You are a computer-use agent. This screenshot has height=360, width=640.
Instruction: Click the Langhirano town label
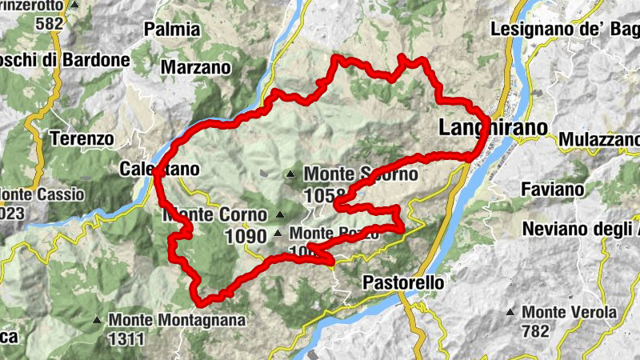pyautogui.click(x=493, y=128)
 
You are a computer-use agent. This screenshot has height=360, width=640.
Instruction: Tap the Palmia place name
pyautogui.click(x=172, y=30)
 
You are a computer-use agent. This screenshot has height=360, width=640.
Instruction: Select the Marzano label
pyautogui.click(x=195, y=68)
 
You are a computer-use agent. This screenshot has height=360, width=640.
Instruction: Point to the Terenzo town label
pyautogui.click(x=82, y=138)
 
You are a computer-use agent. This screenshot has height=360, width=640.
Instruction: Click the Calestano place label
pyautogui.click(x=158, y=169)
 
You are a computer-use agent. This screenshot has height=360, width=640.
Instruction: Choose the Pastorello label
pyautogui.click(x=402, y=283)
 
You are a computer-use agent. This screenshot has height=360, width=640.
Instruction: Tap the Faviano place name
pyautogui.click(x=553, y=190)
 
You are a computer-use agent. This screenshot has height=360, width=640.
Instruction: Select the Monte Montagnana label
pyautogui.click(x=167, y=319)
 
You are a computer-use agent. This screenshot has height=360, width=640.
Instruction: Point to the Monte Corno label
pyautogui.click(x=214, y=214)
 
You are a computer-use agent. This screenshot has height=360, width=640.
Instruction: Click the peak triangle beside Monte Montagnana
pyautogui.click(x=97, y=320)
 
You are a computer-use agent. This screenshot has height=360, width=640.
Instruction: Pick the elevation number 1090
pyautogui.click(x=246, y=237)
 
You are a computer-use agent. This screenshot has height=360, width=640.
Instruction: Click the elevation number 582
pyautogui.click(x=49, y=23)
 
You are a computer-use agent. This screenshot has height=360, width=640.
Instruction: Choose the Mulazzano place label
pyautogui.click(x=600, y=139)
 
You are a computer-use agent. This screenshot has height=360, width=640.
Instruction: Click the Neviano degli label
pyautogui.click(x=581, y=229)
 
